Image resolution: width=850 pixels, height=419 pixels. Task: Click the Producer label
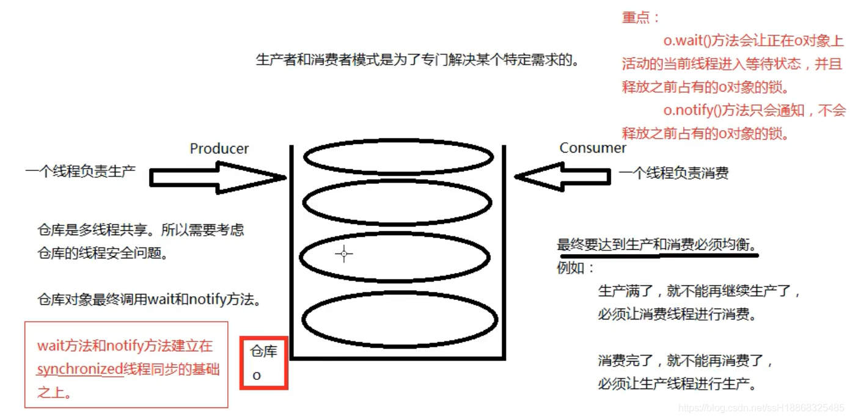point(219,148)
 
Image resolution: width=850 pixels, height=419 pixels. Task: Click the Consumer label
point(593,148)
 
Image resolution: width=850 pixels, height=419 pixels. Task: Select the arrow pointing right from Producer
point(217,178)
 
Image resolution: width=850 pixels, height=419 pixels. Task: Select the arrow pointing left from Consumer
point(562,177)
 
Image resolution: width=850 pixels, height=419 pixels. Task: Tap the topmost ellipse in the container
point(398,158)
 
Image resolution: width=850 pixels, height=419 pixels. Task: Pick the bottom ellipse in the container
point(400,320)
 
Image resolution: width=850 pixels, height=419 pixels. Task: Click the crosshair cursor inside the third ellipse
point(344,254)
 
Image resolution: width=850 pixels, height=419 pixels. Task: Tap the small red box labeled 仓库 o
point(263,363)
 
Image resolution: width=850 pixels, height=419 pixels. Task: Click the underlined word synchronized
point(79,370)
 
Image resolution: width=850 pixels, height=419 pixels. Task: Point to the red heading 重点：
point(640,18)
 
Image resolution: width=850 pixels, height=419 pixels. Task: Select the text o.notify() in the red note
point(695,111)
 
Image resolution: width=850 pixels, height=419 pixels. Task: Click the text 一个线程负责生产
point(80,171)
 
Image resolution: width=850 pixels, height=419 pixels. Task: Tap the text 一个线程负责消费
point(673,173)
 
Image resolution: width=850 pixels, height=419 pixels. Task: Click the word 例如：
point(576,268)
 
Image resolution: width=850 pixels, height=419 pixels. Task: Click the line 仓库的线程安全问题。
point(103,253)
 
